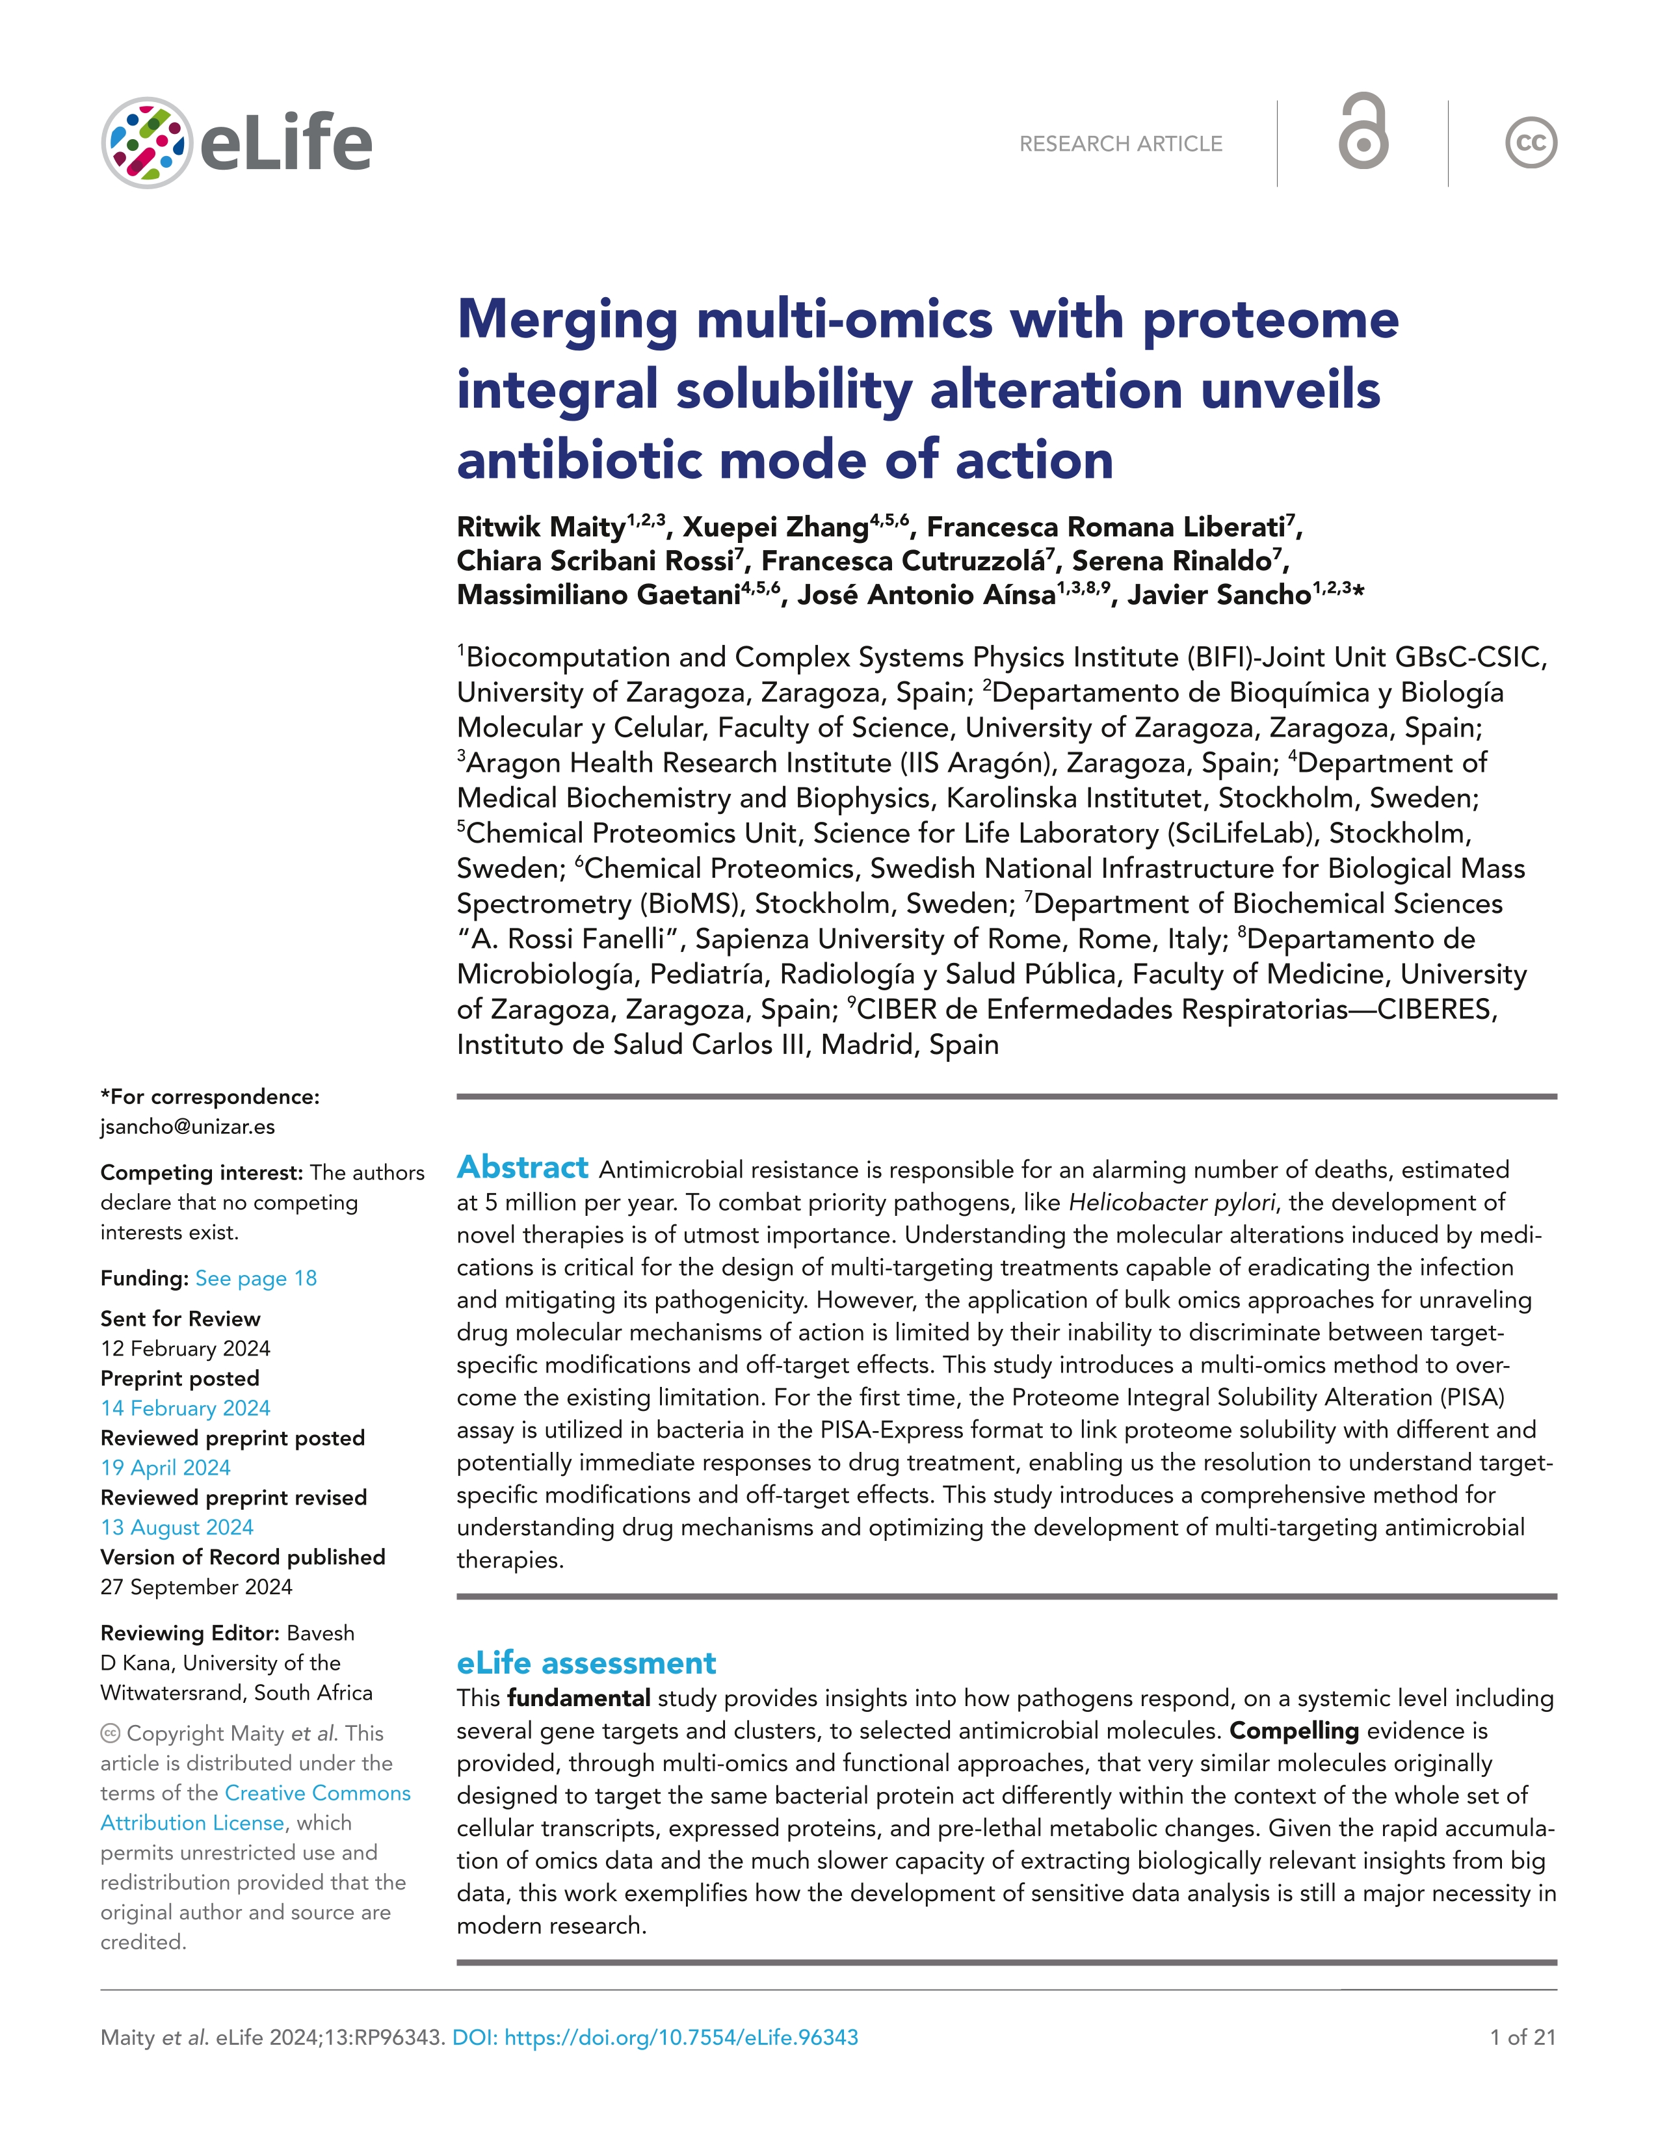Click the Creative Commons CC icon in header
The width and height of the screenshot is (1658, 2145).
click(1531, 144)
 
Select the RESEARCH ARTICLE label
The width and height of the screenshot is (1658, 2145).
click(1121, 144)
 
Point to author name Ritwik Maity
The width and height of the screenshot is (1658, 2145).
click(541, 527)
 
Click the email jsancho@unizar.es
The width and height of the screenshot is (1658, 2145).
click(188, 1127)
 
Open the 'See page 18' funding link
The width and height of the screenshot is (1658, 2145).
click(256, 1278)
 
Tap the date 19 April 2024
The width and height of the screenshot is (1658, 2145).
click(165, 1467)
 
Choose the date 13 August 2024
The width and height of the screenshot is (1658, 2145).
click(177, 1527)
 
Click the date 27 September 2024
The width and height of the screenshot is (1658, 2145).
click(196, 1587)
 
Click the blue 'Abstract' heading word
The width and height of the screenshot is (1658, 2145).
click(523, 1168)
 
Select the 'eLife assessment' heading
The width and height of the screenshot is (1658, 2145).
click(586, 1663)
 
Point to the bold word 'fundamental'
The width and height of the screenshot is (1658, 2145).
click(579, 1698)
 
